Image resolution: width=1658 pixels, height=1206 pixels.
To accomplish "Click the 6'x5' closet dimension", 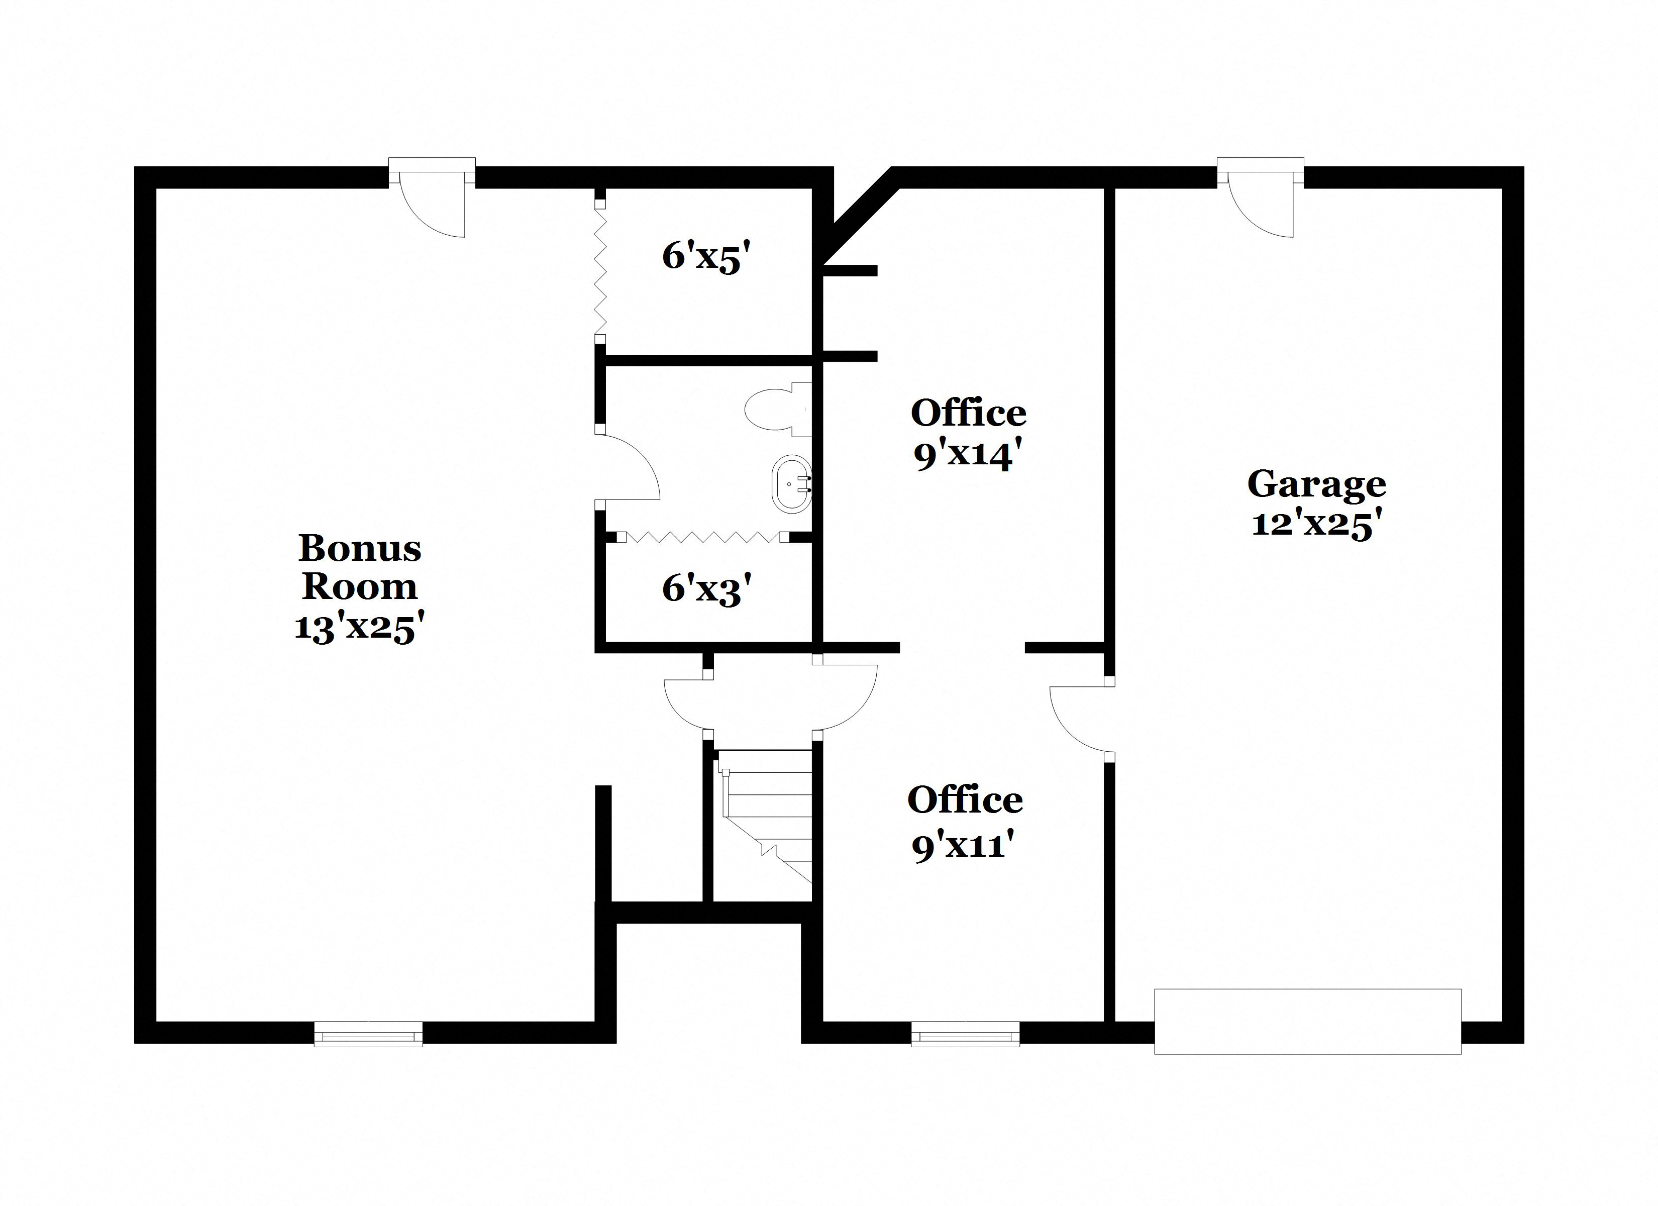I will pyautogui.click(x=706, y=257).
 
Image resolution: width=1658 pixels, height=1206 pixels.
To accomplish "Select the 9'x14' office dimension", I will pyautogui.click(x=967, y=456).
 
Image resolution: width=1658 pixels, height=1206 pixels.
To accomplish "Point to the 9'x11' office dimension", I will pyautogui.click(x=964, y=846).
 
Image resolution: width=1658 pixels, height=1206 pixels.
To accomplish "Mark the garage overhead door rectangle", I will pyautogui.click(x=1307, y=1021).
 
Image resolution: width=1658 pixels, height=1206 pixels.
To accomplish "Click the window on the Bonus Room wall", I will pyautogui.click(x=368, y=1034).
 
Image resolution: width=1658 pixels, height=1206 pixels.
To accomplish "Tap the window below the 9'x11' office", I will pyautogui.click(x=965, y=1034).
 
